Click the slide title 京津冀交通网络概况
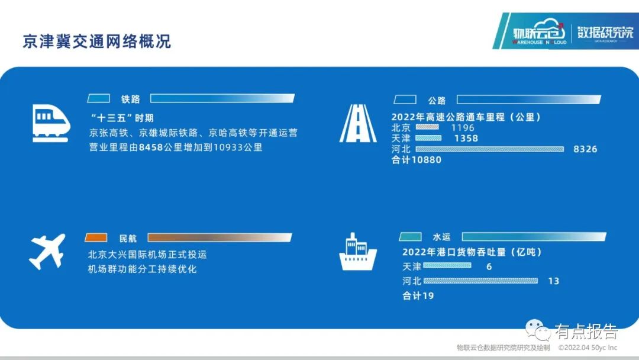[96, 41]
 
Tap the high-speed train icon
[51, 123]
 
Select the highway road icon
[358, 123]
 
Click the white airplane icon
[47, 251]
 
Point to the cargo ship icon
[358, 252]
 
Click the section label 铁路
[130, 99]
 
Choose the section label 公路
[437, 100]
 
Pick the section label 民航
[128, 238]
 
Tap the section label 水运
[442, 237]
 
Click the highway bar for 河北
[489, 149]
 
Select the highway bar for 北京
[427, 127]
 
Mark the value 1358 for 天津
[466, 138]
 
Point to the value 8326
[585, 149]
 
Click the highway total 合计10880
[417, 160]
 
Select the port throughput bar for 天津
[447, 265]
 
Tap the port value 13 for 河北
[553, 281]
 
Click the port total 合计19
[418, 295]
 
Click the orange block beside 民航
[96, 237]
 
